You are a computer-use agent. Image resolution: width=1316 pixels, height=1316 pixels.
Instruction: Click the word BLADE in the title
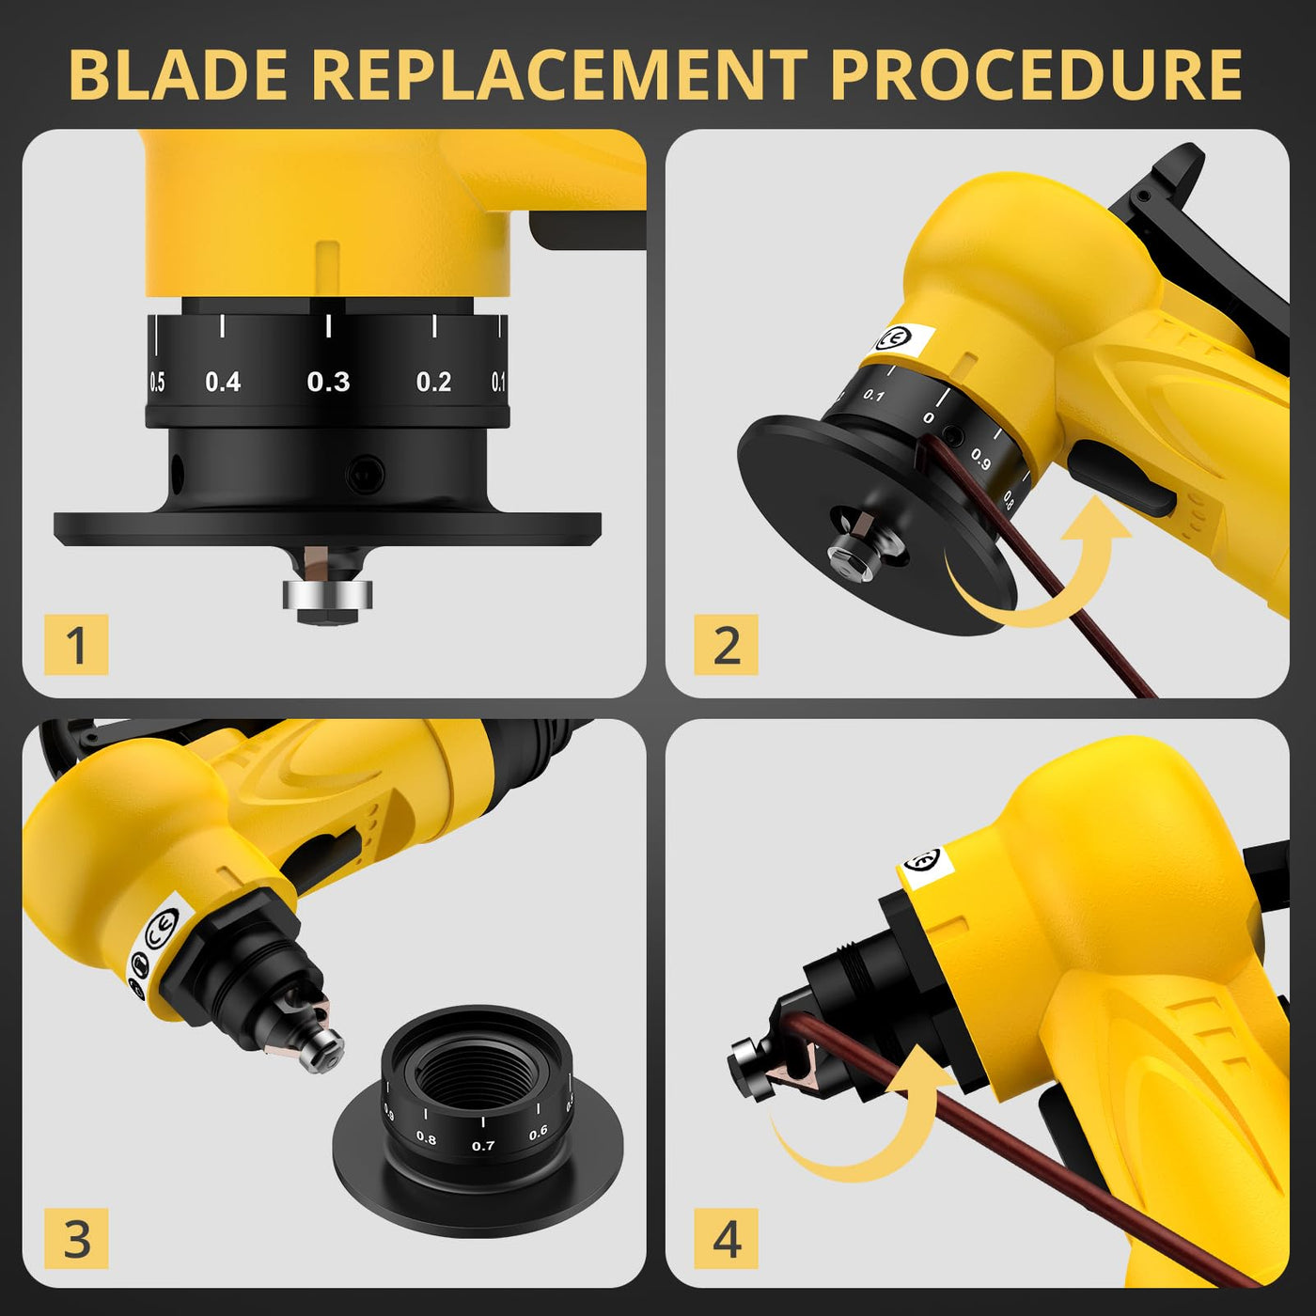tap(179, 75)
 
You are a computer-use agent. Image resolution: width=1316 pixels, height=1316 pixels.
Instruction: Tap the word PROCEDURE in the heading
tap(1038, 75)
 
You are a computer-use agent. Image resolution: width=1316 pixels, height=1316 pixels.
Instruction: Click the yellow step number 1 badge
tap(76, 644)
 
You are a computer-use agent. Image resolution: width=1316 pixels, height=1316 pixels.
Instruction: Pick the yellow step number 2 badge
tap(726, 644)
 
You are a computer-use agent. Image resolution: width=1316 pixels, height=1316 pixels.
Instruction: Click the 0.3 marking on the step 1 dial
tap(328, 381)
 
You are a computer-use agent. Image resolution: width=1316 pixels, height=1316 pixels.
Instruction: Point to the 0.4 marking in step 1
tap(223, 381)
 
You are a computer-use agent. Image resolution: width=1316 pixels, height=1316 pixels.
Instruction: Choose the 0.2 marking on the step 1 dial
tap(433, 381)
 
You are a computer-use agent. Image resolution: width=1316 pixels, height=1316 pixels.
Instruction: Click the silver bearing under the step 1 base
tap(328, 594)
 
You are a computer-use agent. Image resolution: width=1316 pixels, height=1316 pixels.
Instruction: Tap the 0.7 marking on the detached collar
tap(483, 1145)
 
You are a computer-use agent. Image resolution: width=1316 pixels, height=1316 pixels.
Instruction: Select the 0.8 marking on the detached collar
tap(426, 1138)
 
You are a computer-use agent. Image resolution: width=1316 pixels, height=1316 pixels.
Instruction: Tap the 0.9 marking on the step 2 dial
tap(980, 460)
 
